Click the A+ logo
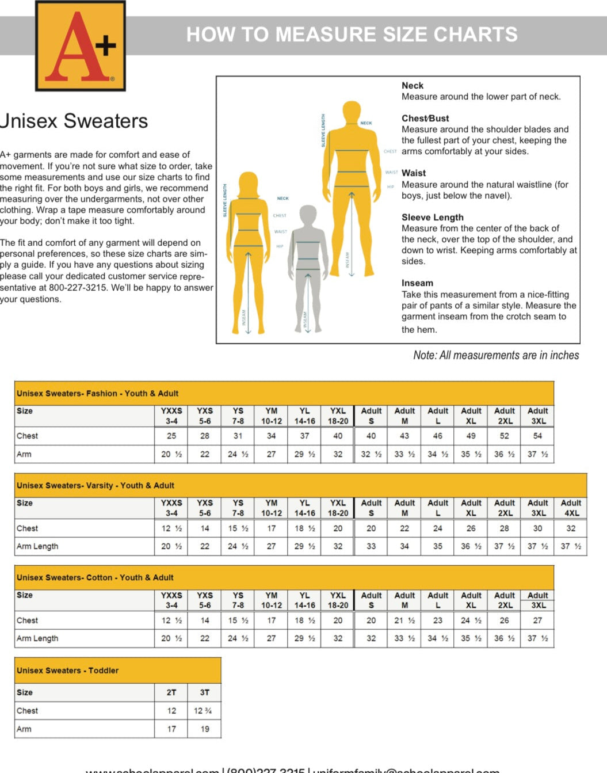pyautogui.click(x=81, y=45)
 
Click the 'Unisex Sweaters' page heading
pyautogui.click(x=74, y=121)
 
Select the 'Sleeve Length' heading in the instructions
pyautogui.click(x=432, y=217)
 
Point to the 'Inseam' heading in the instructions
pyautogui.click(x=417, y=283)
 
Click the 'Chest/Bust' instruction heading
pyautogui.click(x=425, y=118)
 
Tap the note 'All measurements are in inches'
pyautogui.click(x=496, y=355)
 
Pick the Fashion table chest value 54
pyautogui.click(x=537, y=436)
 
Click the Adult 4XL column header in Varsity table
pyautogui.click(x=571, y=508)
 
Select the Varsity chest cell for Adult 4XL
pyautogui.click(x=571, y=528)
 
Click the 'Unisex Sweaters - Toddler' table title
pyautogui.click(x=67, y=671)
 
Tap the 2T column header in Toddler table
pyautogui.click(x=171, y=692)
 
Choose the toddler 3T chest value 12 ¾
pyautogui.click(x=203, y=711)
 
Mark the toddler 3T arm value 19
pyautogui.click(x=205, y=729)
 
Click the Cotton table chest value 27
pyautogui.click(x=537, y=620)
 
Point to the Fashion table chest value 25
pyautogui.click(x=171, y=436)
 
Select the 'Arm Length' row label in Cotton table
pyautogui.click(x=37, y=638)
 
